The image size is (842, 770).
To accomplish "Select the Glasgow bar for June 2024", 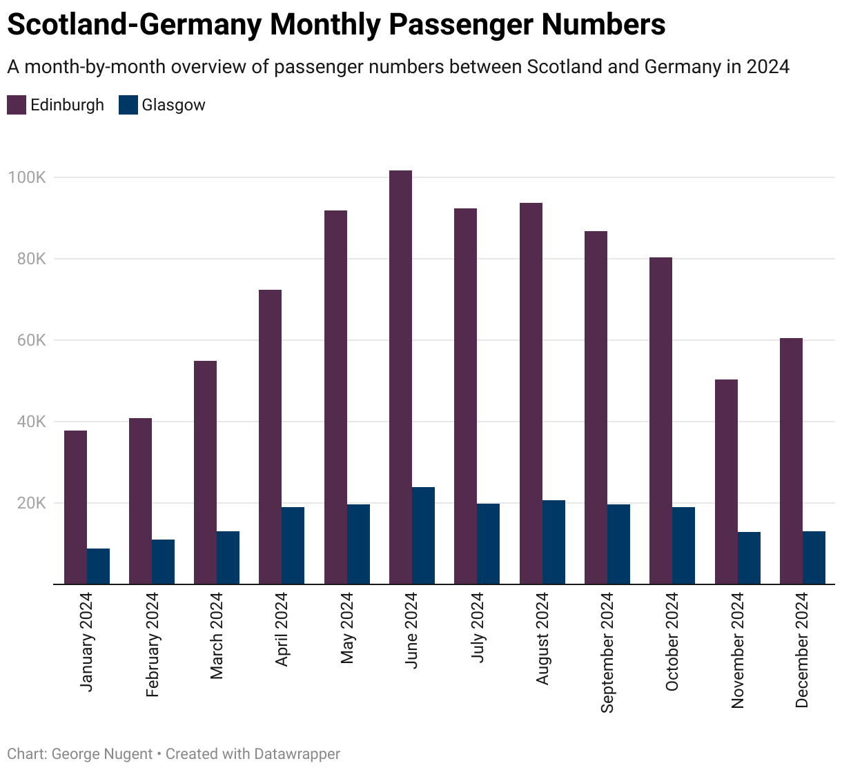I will tap(423, 535).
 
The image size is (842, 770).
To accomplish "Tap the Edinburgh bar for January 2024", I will tap(75, 507).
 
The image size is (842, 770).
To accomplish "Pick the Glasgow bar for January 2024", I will tap(98, 566).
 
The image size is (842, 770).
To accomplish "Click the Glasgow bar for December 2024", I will tap(814, 557).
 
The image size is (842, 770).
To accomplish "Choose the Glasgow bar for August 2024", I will tap(554, 542).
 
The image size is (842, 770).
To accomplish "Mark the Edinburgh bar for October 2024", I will tap(660, 421).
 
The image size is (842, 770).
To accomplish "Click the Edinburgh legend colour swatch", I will tap(17, 105).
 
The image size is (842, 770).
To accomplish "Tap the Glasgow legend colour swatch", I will tap(128, 105).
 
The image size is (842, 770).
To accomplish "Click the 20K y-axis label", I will tap(31, 503).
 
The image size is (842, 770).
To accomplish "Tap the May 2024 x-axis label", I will tap(347, 628).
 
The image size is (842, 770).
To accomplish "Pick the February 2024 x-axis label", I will tap(153, 644).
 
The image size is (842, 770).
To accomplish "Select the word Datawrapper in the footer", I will tap(297, 754).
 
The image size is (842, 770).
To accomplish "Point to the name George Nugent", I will tap(102, 754).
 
